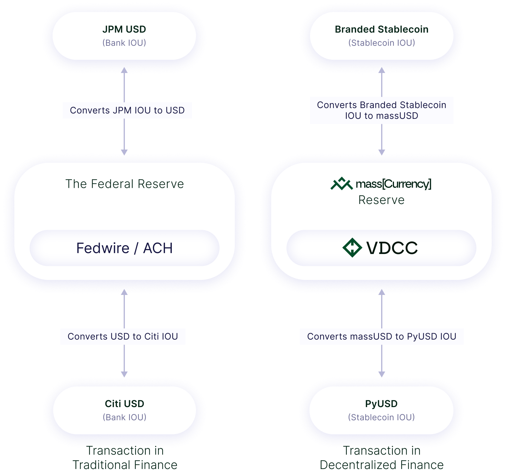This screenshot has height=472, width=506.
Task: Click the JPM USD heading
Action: coord(124,29)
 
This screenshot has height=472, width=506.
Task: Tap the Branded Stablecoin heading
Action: coord(381,29)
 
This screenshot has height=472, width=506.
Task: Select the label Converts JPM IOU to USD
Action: coord(127,110)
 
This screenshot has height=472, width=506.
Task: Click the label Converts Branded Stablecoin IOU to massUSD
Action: coord(381,110)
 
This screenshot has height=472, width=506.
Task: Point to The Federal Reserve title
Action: coord(125,184)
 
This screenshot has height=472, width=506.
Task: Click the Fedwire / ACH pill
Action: coord(125,248)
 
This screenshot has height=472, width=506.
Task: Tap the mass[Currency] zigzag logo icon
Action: coord(341,184)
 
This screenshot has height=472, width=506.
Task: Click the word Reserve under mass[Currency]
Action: coord(381,200)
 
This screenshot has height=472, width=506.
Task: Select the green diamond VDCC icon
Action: coord(352,248)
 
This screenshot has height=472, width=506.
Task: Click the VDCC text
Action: coord(392,248)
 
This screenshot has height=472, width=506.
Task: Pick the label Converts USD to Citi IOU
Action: coord(123,337)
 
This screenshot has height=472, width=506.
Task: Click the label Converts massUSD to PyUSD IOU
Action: coord(382,337)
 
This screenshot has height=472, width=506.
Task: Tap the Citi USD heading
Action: coord(125,404)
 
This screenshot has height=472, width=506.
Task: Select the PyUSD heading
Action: coord(381,404)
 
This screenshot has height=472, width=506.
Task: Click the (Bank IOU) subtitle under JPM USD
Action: coord(124,43)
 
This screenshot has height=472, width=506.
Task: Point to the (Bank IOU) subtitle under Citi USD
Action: coord(125,417)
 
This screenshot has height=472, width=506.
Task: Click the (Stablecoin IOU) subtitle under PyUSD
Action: coord(381,417)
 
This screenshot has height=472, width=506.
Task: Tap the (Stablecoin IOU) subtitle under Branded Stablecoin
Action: coord(381,43)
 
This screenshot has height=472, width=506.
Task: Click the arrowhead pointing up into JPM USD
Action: coord(124,71)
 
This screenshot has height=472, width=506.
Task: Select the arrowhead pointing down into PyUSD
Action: coord(382,374)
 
